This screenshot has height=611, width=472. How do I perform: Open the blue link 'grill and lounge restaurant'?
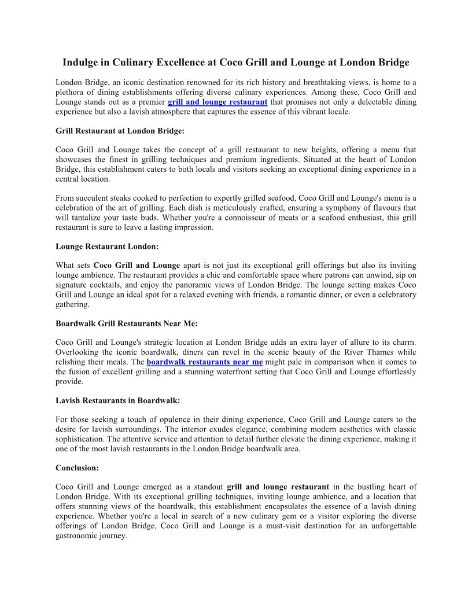(217, 102)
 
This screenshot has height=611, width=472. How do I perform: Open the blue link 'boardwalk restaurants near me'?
(205, 362)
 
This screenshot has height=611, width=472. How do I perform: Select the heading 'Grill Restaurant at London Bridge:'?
(120, 131)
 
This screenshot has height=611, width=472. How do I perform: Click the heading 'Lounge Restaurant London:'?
(107, 246)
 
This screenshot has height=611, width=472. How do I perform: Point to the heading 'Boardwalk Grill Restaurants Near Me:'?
(127, 323)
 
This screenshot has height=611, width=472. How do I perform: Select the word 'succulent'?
(95, 198)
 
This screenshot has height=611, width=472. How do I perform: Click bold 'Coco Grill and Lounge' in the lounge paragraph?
(137, 266)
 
